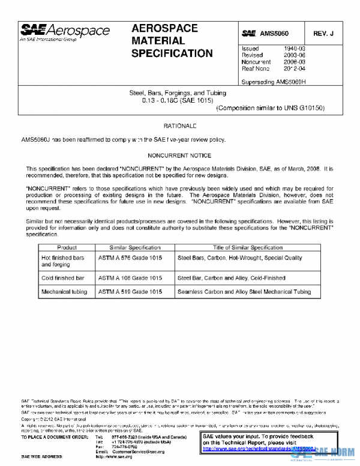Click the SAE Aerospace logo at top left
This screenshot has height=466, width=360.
pos(65,32)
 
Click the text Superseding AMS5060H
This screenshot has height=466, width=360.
pos(273,81)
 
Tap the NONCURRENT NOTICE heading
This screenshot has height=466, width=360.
pos(180,154)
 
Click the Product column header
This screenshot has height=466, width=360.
pos(67,247)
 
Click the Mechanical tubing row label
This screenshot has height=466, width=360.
pos(64,292)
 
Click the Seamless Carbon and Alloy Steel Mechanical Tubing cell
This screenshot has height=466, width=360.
pos(244,292)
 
